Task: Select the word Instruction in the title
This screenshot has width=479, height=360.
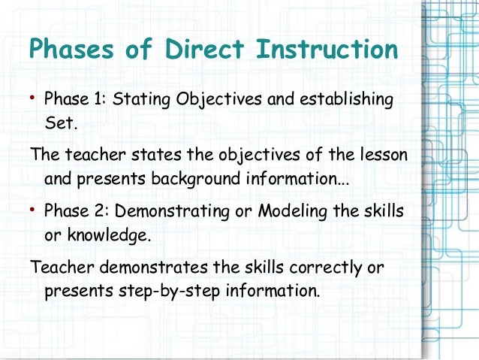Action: pos(327,50)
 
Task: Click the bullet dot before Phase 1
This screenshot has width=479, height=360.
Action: pos(34,98)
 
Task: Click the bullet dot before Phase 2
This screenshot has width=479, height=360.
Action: pos(34,211)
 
